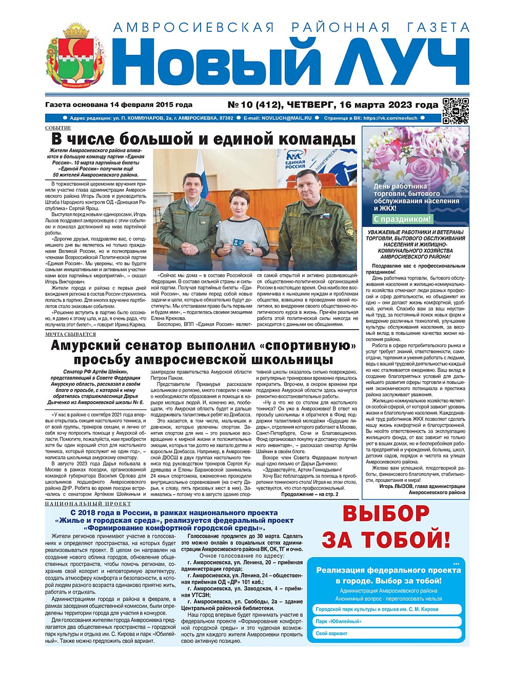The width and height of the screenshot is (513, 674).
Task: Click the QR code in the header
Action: [x=456, y=110]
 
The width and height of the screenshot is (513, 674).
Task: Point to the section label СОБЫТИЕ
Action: [x=58, y=128]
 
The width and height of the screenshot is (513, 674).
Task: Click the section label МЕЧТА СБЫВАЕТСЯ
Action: [x=70, y=334]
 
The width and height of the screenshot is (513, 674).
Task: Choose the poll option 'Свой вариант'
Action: [x=331, y=634]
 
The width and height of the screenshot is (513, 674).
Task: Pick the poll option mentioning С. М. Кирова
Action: [x=377, y=609]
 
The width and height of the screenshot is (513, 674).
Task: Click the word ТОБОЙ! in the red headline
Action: [x=406, y=539]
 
